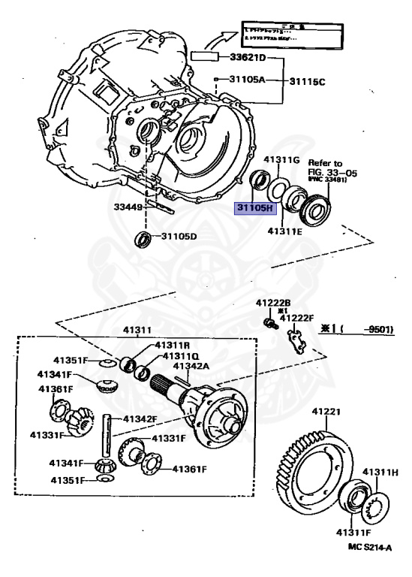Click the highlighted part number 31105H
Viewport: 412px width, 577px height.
(x=256, y=207)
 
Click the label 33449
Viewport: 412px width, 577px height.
(x=129, y=207)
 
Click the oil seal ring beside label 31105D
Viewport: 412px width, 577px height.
(x=142, y=240)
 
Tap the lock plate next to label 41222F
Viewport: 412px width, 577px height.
(x=298, y=337)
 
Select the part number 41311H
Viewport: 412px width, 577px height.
(x=380, y=472)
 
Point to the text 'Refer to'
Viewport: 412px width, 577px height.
(x=325, y=162)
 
